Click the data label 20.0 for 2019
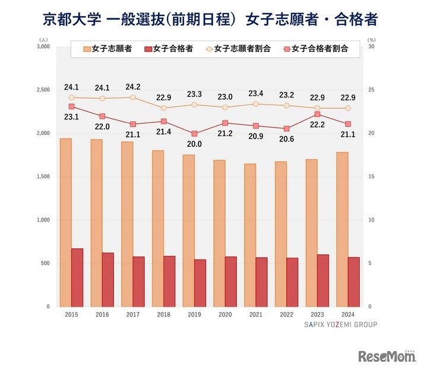pos(194,144)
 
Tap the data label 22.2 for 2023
pos(317,124)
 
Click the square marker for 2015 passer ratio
pos(71,106)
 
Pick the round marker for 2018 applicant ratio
pos(163,108)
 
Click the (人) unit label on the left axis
pos(42,39)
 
